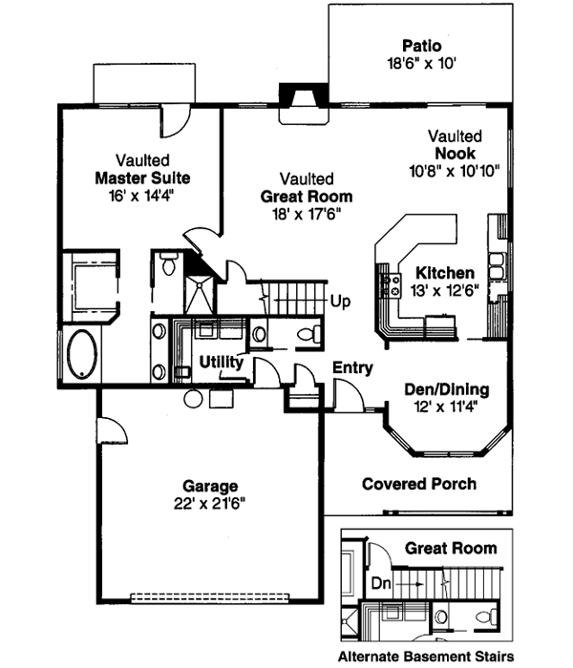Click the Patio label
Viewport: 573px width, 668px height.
coord(421,45)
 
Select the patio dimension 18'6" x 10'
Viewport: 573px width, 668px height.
coord(421,64)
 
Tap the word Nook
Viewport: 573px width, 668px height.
coord(455,155)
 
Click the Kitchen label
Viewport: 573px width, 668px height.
coord(444,273)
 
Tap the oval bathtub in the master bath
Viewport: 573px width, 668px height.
coord(79,354)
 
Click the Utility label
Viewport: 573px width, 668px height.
coord(221,364)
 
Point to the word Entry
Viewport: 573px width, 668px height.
coord(352,368)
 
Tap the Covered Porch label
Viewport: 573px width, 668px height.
coord(418,484)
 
